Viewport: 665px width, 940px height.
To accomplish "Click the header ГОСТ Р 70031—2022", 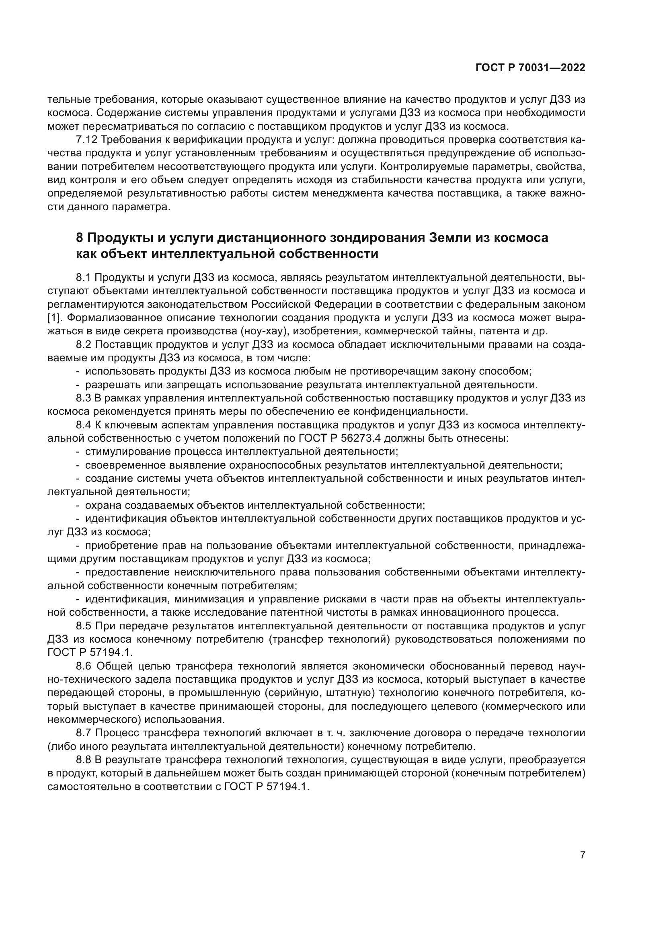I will tap(530, 68).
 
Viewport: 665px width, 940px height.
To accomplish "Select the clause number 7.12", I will tap(87, 140).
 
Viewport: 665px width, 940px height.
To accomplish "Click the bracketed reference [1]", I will tap(54, 318).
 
